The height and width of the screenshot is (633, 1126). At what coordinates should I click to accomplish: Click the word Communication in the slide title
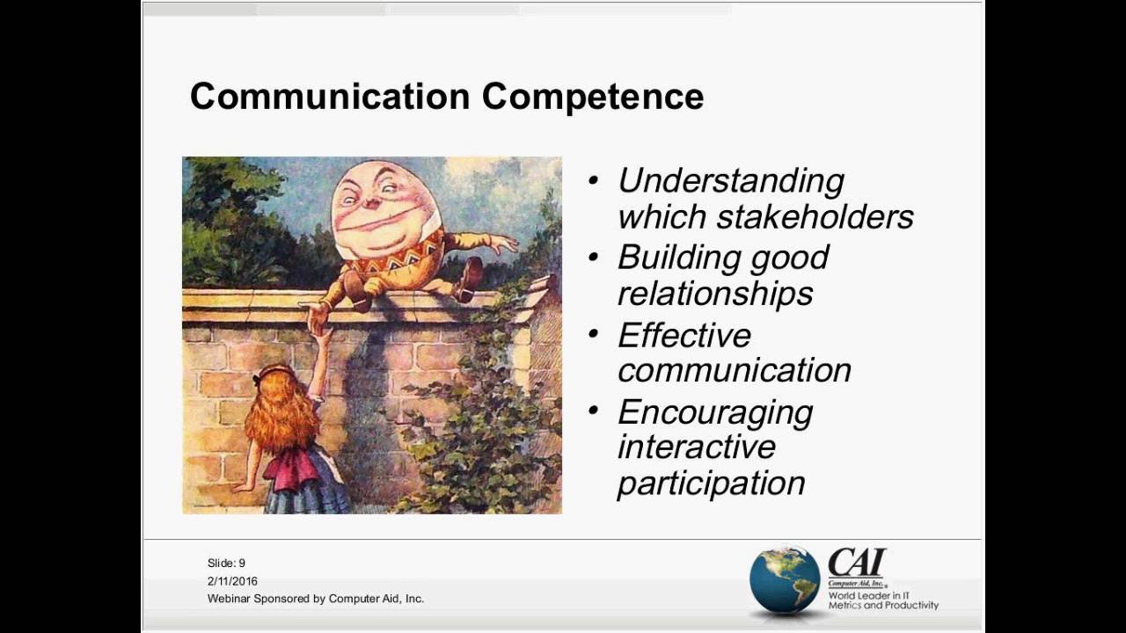click(x=331, y=97)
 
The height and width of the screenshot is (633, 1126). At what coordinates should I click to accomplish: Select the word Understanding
click(x=730, y=180)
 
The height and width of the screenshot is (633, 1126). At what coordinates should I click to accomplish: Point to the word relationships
click(x=714, y=293)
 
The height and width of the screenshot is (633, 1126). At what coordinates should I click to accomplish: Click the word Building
click(x=666, y=258)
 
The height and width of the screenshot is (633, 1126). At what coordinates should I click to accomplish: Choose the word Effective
click(x=684, y=335)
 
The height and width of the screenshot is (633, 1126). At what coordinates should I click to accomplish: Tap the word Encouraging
click(x=714, y=412)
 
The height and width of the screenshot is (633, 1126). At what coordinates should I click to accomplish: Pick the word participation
click(x=711, y=483)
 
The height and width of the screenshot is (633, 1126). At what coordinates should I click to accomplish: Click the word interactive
click(x=696, y=447)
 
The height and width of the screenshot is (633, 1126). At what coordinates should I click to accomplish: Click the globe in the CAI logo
click(x=784, y=579)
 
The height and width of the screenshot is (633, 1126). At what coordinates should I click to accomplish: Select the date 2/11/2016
click(x=232, y=581)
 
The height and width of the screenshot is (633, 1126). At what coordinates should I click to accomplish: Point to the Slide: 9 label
click(x=226, y=563)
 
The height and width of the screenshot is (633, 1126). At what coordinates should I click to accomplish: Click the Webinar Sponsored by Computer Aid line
click(x=315, y=599)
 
